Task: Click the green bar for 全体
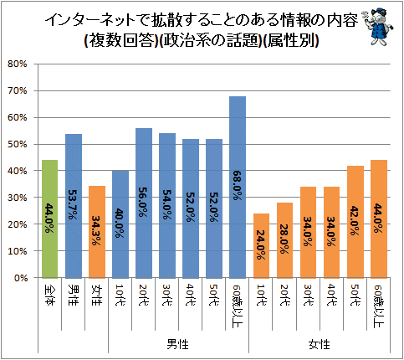click(50, 219)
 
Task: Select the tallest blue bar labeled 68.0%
click(238, 188)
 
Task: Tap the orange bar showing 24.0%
click(261, 246)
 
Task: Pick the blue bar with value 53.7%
click(74, 206)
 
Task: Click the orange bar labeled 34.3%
click(97, 232)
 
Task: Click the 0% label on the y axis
click(21, 278)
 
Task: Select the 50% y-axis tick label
click(18, 144)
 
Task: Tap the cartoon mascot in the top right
click(377, 27)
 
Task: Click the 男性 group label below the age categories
click(178, 344)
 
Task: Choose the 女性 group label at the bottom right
click(320, 344)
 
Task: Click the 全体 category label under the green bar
click(50, 296)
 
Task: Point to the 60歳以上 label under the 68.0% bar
click(238, 306)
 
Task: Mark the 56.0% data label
click(144, 202)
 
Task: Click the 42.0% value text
click(355, 221)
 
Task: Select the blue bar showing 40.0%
click(120, 224)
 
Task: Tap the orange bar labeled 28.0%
click(284, 240)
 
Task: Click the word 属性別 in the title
click(290, 41)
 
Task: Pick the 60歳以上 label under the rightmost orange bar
click(379, 306)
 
